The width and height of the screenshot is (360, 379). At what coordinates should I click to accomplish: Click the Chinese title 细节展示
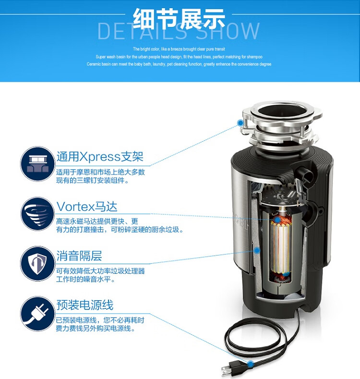(179, 19)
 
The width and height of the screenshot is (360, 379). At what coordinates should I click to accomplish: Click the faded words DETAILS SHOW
(179, 31)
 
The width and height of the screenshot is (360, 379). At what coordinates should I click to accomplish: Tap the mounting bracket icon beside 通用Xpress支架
(38, 164)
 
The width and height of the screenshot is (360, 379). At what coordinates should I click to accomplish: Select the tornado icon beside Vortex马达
(38, 214)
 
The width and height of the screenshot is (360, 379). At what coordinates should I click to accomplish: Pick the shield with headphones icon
(38, 264)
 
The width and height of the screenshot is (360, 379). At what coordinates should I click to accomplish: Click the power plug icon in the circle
(38, 314)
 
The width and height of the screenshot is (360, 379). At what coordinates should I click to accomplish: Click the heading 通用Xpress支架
(100, 157)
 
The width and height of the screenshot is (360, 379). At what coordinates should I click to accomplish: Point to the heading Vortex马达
(87, 207)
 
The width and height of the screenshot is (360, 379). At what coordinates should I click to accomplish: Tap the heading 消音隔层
(79, 256)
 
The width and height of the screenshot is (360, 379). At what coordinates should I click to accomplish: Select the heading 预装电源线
(85, 305)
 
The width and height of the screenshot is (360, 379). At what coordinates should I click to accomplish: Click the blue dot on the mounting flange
(240, 123)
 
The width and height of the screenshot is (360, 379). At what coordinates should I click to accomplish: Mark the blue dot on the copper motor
(277, 220)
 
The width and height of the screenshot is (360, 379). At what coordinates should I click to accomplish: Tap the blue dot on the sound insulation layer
(257, 250)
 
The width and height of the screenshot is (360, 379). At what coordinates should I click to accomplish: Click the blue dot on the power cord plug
(251, 364)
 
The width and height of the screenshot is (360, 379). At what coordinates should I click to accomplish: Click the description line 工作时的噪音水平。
(86, 279)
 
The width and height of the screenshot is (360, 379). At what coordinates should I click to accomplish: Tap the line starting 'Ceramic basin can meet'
(179, 64)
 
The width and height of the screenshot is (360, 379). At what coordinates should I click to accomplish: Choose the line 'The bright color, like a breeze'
(179, 49)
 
